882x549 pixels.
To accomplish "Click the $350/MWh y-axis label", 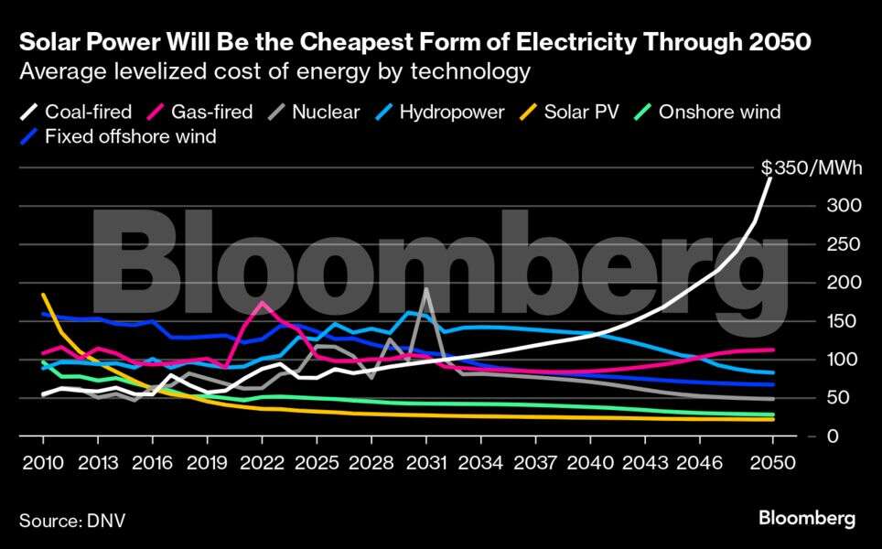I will (x=811, y=167).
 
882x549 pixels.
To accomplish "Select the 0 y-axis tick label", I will (x=832, y=436).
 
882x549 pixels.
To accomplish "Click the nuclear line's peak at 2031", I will (x=426, y=289).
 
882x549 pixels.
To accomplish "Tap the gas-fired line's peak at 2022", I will (x=263, y=302).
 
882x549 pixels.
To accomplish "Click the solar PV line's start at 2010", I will (x=44, y=295).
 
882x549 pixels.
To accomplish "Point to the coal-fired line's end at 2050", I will (x=771, y=176).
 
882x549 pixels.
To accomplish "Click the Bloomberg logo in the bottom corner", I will (x=806, y=519).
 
